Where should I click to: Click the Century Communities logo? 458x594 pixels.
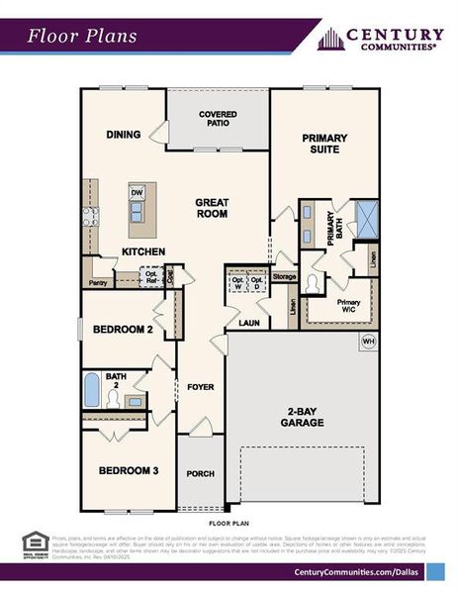pyautogui.click(x=381, y=39)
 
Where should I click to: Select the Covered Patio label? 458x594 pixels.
pyautogui.click(x=218, y=120)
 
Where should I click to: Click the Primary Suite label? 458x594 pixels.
pyautogui.click(x=321, y=143)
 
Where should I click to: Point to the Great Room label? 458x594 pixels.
pyautogui.click(x=212, y=207)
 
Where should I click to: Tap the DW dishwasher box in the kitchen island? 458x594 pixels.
pyautogui.click(x=137, y=194)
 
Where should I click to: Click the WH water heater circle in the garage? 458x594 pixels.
pyautogui.click(x=368, y=342)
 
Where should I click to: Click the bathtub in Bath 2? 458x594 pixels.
pyautogui.click(x=92, y=390)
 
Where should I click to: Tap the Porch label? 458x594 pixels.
pyautogui.click(x=201, y=473)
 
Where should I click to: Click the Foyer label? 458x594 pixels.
pyautogui.click(x=201, y=386)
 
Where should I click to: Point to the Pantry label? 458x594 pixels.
pyautogui.click(x=98, y=282)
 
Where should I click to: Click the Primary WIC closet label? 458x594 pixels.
pyautogui.click(x=348, y=305)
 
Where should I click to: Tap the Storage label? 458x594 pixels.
pyautogui.click(x=285, y=276)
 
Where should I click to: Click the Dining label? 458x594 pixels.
pyautogui.click(x=123, y=135)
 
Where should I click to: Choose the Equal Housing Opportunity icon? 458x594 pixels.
pyautogui.click(x=34, y=543)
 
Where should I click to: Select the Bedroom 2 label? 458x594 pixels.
pyautogui.click(x=122, y=330)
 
